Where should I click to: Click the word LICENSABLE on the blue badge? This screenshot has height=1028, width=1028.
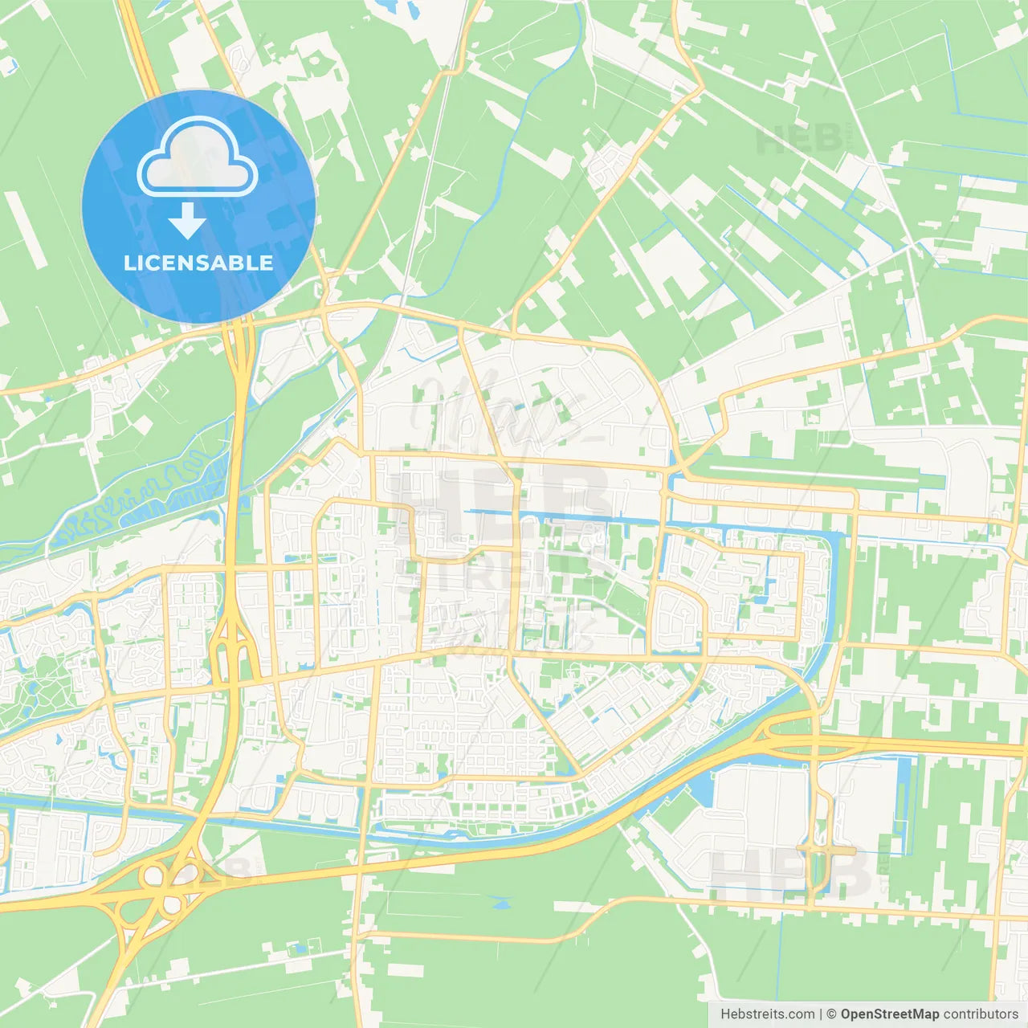(x=198, y=263)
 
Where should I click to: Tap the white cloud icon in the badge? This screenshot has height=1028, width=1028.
(x=197, y=159)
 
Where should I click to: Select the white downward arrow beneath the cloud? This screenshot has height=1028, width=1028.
(x=187, y=221)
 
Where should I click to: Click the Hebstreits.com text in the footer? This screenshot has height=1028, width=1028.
(x=767, y=1014)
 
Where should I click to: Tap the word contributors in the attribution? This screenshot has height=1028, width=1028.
(x=981, y=1014)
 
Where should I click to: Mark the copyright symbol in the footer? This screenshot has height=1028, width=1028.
(x=831, y=1014)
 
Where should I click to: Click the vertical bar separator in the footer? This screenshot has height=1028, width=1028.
(x=820, y=1014)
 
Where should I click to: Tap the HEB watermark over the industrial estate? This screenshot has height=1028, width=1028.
(x=791, y=874)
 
